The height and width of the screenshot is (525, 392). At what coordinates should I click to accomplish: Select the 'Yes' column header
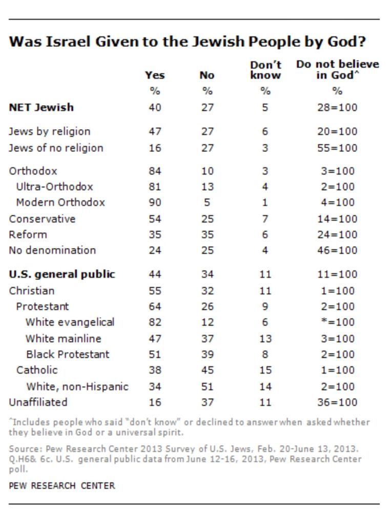coord(155,75)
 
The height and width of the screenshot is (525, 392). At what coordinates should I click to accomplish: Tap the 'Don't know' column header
coord(265,70)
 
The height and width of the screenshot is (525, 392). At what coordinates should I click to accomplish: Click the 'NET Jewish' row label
coord(42,108)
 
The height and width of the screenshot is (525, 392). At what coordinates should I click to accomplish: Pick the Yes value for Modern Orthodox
coord(155,203)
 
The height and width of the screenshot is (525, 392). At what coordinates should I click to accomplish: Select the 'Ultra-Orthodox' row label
coord(55,187)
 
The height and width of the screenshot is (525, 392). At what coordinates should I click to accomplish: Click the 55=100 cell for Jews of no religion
coord(337,148)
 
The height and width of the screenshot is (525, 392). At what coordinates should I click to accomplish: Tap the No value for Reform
coord(207,235)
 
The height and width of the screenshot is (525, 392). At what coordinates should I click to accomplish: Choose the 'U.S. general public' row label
coord(62,275)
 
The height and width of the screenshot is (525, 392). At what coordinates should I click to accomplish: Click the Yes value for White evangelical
coord(155,323)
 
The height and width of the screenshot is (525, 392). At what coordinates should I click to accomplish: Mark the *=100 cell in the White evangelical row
coord(337,323)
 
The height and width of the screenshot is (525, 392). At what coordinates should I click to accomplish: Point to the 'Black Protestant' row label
coord(68,355)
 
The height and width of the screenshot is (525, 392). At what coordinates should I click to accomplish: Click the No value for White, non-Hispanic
coord(207,387)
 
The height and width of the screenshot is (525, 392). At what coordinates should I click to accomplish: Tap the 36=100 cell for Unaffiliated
coord(337,402)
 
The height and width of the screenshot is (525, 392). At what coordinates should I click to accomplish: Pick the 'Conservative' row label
coord(43,219)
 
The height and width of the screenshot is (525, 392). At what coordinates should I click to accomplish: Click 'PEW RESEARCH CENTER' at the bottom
coord(62,486)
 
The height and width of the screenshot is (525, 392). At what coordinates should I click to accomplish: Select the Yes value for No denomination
coord(155,251)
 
